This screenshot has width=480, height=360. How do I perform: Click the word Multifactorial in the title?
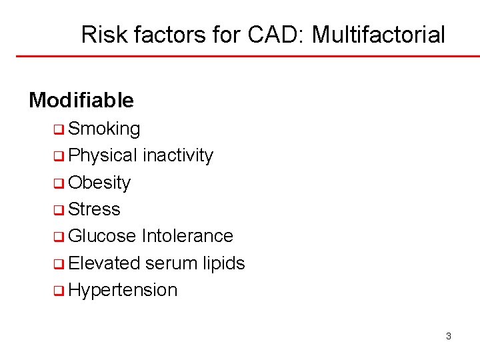[x=378, y=35]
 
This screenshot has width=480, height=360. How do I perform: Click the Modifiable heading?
[x=81, y=100]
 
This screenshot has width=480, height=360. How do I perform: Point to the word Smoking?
[x=104, y=129]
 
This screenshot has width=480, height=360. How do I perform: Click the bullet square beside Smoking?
[x=59, y=129]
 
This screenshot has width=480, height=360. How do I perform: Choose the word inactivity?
[x=177, y=155]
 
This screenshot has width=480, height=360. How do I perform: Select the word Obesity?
[x=99, y=183]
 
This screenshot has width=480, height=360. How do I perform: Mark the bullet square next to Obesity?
[x=59, y=183]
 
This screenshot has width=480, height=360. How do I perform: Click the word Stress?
[x=94, y=209]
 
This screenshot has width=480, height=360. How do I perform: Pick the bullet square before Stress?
[x=59, y=210]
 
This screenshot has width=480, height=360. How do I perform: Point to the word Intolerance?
[x=187, y=236]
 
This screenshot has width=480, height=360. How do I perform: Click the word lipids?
[x=223, y=263]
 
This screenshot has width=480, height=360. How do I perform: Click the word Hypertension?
[x=123, y=291]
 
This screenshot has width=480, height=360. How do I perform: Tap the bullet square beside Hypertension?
[x=59, y=291]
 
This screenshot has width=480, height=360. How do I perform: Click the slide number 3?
[x=448, y=336]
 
